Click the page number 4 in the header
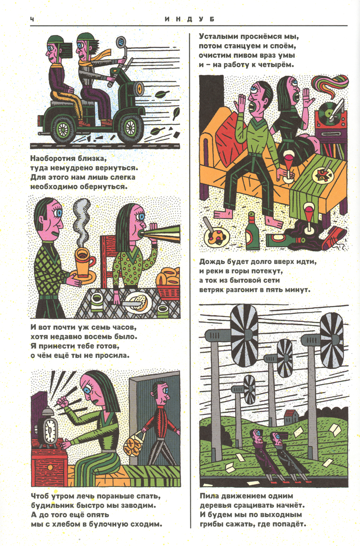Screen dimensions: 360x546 click(x=32, y=19)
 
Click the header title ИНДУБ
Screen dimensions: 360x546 click(x=189, y=19)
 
